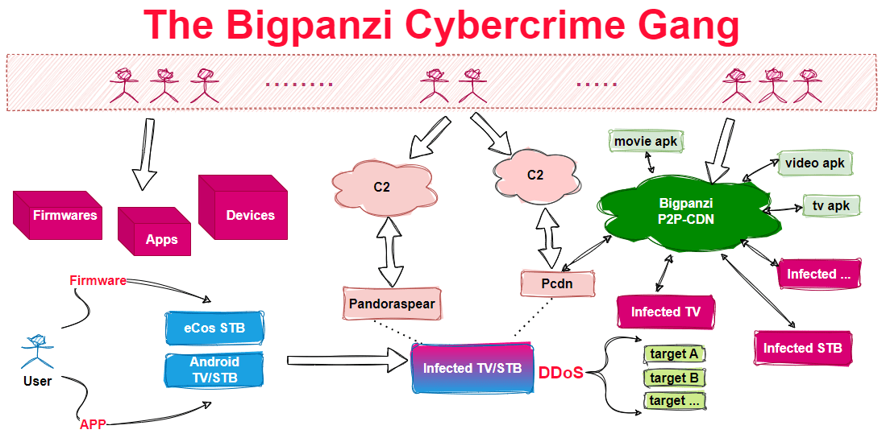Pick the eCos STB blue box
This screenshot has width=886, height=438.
pos(217,328)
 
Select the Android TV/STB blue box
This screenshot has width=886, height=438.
pos(214,370)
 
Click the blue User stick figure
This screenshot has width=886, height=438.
pos(36,349)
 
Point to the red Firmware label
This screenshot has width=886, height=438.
pos(98,281)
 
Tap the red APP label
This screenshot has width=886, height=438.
pos(93,424)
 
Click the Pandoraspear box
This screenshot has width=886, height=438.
pos(391,304)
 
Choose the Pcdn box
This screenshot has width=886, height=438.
pos(557,284)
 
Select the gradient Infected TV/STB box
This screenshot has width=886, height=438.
pos(472,368)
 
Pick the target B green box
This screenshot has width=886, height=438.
pos(674,378)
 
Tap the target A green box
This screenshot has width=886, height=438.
pos(674,354)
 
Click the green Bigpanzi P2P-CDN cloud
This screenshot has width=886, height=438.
pos(681,211)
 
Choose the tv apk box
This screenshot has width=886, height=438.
pos(831,206)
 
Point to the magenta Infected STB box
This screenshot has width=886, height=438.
pos(802,348)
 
